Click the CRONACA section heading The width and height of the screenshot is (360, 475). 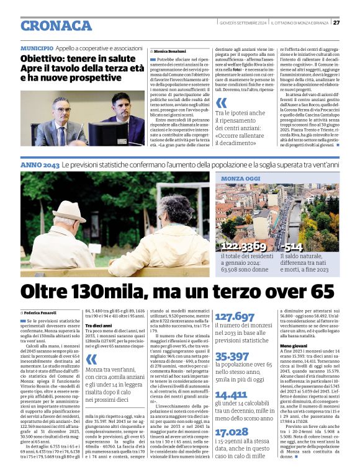pyautogui.click(x=56, y=25)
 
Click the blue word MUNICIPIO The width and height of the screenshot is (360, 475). pyautogui.click(x=37, y=48)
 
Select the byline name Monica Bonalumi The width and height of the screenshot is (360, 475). pyautogui.click(x=169, y=51)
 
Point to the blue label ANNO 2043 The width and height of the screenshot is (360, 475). pyautogui.click(x=40, y=166)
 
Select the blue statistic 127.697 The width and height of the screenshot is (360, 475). pyautogui.click(x=235, y=316)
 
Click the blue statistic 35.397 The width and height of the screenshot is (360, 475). pyautogui.click(x=232, y=356)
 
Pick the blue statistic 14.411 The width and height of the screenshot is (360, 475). pyautogui.click(x=231, y=395)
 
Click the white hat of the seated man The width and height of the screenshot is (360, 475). pyautogui.click(x=68, y=211)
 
